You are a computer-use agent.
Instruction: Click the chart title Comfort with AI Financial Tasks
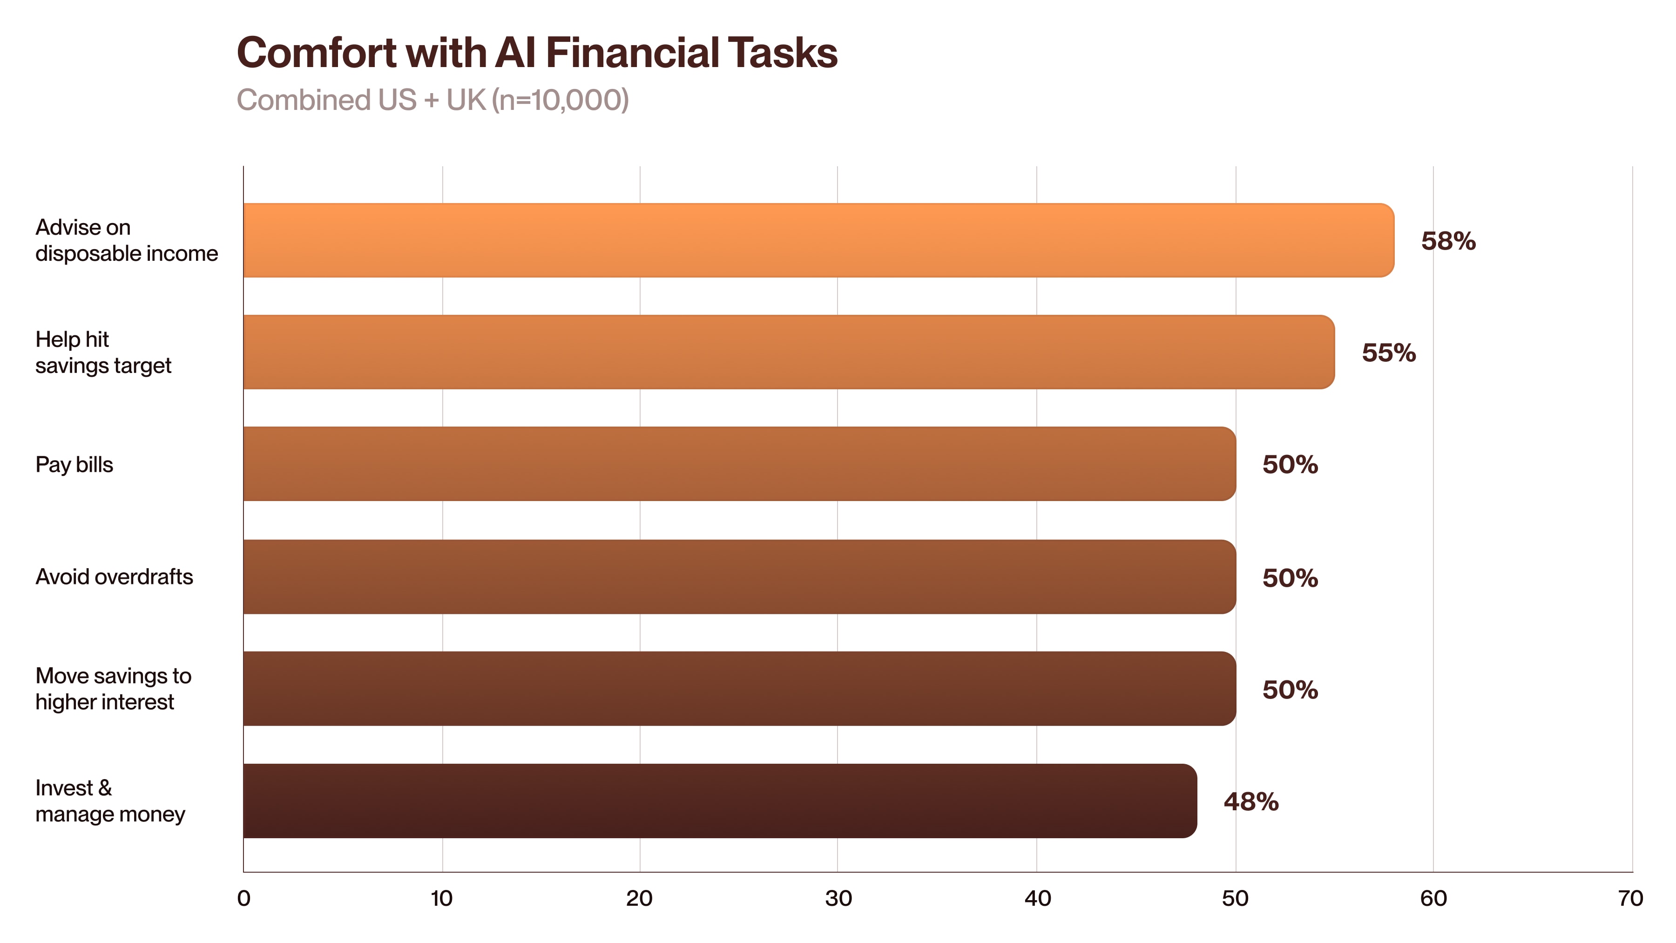pos(537,53)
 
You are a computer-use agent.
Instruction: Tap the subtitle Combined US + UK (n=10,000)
pos(433,100)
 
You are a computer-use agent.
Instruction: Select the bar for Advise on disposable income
pos(818,240)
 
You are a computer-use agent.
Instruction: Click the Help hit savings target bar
pos(789,352)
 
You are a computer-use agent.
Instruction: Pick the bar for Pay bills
pos(739,464)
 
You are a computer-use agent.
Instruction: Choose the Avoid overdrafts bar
pos(739,577)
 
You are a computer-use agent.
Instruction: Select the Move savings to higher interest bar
pos(739,689)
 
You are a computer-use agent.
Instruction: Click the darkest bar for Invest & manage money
pos(720,801)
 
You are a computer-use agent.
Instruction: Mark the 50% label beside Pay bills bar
pos(1290,465)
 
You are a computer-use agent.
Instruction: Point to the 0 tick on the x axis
pos(243,899)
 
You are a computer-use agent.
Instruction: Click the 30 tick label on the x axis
pos(838,899)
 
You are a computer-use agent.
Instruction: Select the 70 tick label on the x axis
pos(1630,899)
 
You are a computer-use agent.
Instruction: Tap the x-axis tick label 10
pos(441,899)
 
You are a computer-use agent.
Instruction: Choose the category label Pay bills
pos(74,465)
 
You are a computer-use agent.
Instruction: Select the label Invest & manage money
pos(110,801)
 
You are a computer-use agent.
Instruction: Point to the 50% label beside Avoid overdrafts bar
pos(1290,578)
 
